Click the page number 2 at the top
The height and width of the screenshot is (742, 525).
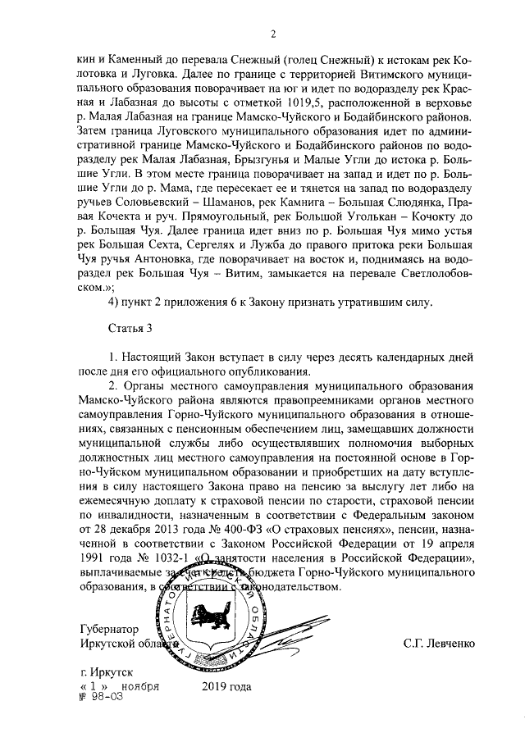coord(272,34)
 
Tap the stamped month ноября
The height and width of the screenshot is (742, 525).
coord(139,685)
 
